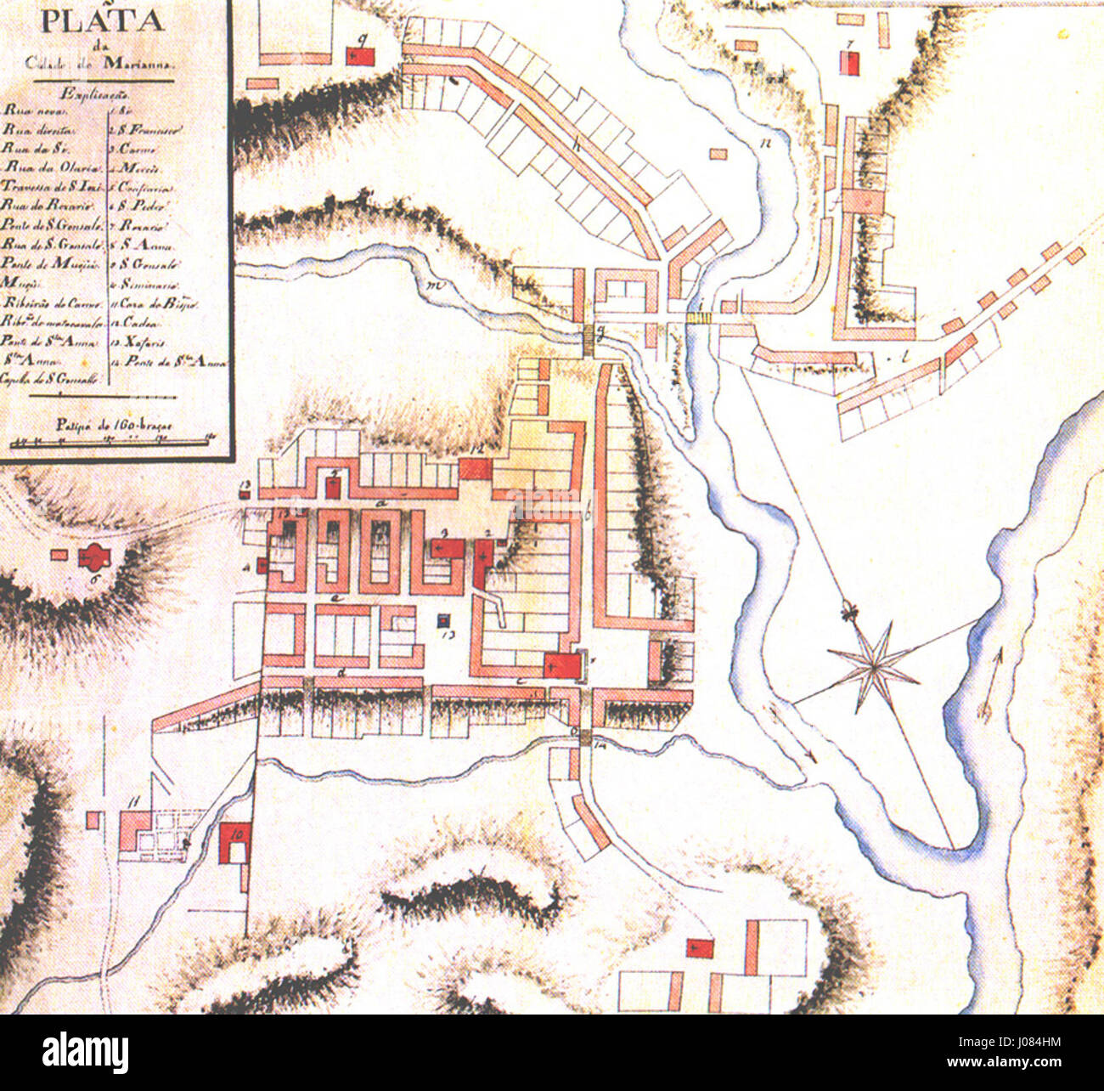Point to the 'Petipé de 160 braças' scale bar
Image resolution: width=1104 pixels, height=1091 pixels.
[x=111, y=440]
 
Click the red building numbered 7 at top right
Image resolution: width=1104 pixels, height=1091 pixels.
[x=848, y=64]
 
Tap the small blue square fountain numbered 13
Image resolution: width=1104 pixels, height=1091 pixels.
[x=443, y=621]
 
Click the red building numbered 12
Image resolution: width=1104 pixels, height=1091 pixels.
[x=476, y=468]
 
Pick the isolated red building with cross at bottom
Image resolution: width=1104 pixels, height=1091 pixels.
[x=701, y=948]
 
